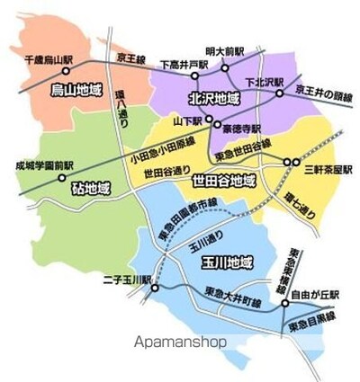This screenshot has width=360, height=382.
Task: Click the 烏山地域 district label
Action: [x=76, y=91]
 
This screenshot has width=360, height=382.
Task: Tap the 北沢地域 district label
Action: [x=213, y=97]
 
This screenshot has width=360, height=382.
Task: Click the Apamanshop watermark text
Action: [x=179, y=342]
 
